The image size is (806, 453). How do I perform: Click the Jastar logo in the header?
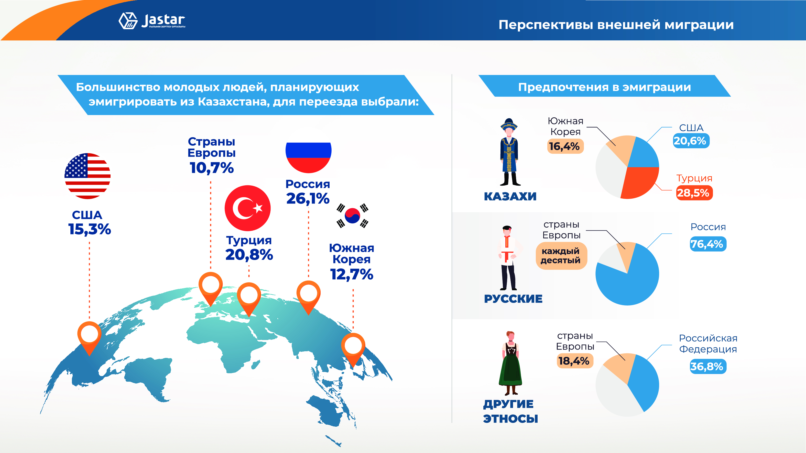pos(152,21)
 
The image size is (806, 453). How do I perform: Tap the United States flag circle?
pos(87,176)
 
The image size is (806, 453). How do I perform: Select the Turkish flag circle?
pos(247,208)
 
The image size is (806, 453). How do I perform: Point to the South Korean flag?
pos(352,216)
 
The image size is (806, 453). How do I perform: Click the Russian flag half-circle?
pos(309,157)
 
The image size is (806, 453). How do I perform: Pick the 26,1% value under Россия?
pos(308,199)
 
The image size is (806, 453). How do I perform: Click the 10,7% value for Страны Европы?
pos(212,168)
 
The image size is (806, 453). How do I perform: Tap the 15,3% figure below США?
pos(90,229)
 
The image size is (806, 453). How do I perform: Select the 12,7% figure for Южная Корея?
pos(352,274)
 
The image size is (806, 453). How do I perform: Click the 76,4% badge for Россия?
pos(708,244)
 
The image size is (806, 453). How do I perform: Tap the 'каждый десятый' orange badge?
pos(561,256)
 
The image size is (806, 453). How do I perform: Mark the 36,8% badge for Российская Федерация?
pos(708,366)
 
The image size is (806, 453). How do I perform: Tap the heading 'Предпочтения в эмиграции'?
pos(604,87)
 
